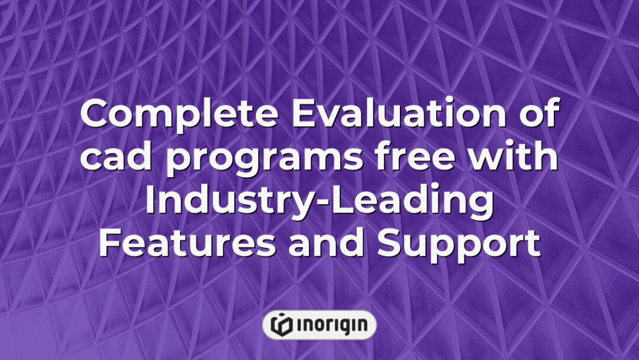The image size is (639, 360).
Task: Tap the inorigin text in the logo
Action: pos(331,325)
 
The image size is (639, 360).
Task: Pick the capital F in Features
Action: pos(109,246)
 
